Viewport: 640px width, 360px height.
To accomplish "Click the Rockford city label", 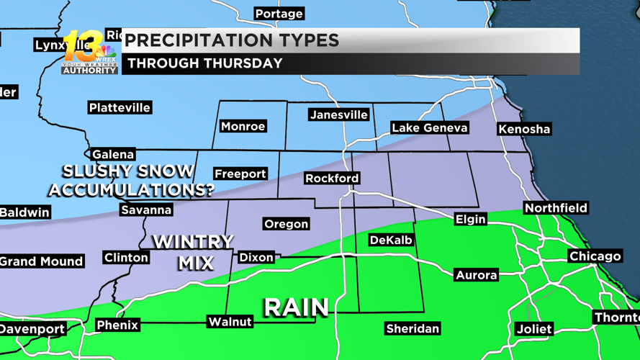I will (332, 179).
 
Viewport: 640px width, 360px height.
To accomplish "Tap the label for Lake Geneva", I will (430, 128).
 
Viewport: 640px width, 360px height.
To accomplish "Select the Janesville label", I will (338, 115).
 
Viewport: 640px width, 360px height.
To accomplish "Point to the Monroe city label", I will (243, 127).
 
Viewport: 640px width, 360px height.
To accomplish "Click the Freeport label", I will (240, 174).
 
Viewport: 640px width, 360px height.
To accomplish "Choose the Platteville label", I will (120, 108).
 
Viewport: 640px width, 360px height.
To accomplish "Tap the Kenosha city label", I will (524, 130).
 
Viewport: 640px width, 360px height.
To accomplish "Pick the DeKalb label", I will (391, 240).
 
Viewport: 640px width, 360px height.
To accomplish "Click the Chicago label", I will (595, 256).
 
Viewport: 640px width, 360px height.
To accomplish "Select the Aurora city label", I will (477, 275).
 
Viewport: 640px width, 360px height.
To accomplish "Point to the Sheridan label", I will (413, 329).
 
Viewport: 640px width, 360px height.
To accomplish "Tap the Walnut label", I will (230, 322).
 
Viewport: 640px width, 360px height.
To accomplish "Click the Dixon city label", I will (256, 257).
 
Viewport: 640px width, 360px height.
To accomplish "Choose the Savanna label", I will (146, 210).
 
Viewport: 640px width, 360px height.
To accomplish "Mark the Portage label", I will (279, 14).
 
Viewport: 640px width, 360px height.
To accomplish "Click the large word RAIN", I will (296, 307).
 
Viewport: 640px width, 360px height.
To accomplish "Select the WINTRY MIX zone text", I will (193, 252).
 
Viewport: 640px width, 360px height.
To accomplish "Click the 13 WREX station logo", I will (89, 53).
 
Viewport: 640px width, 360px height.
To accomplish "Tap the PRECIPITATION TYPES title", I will (232, 40).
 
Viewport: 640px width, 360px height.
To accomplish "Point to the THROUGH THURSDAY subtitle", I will (205, 63).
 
